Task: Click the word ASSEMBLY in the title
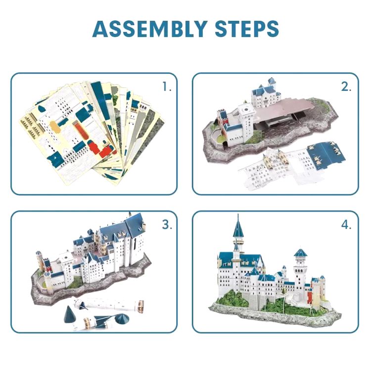click(150, 29)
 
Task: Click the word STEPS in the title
click(247, 29)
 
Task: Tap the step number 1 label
click(167, 87)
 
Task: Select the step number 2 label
click(346, 87)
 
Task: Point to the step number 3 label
click(167, 224)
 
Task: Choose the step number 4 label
click(346, 224)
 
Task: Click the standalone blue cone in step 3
click(70, 314)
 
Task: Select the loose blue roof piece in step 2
click(326, 154)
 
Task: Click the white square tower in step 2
click(246, 118)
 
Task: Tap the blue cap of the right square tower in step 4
click(300, 253)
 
